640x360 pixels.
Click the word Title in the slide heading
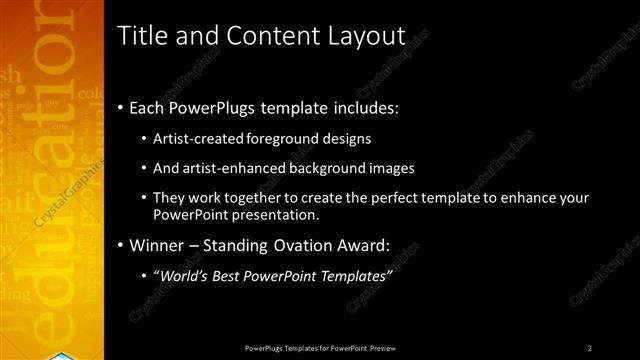click(142, 36)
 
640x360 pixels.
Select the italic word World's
click(183, 275)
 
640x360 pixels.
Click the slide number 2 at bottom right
click(590, 347)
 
